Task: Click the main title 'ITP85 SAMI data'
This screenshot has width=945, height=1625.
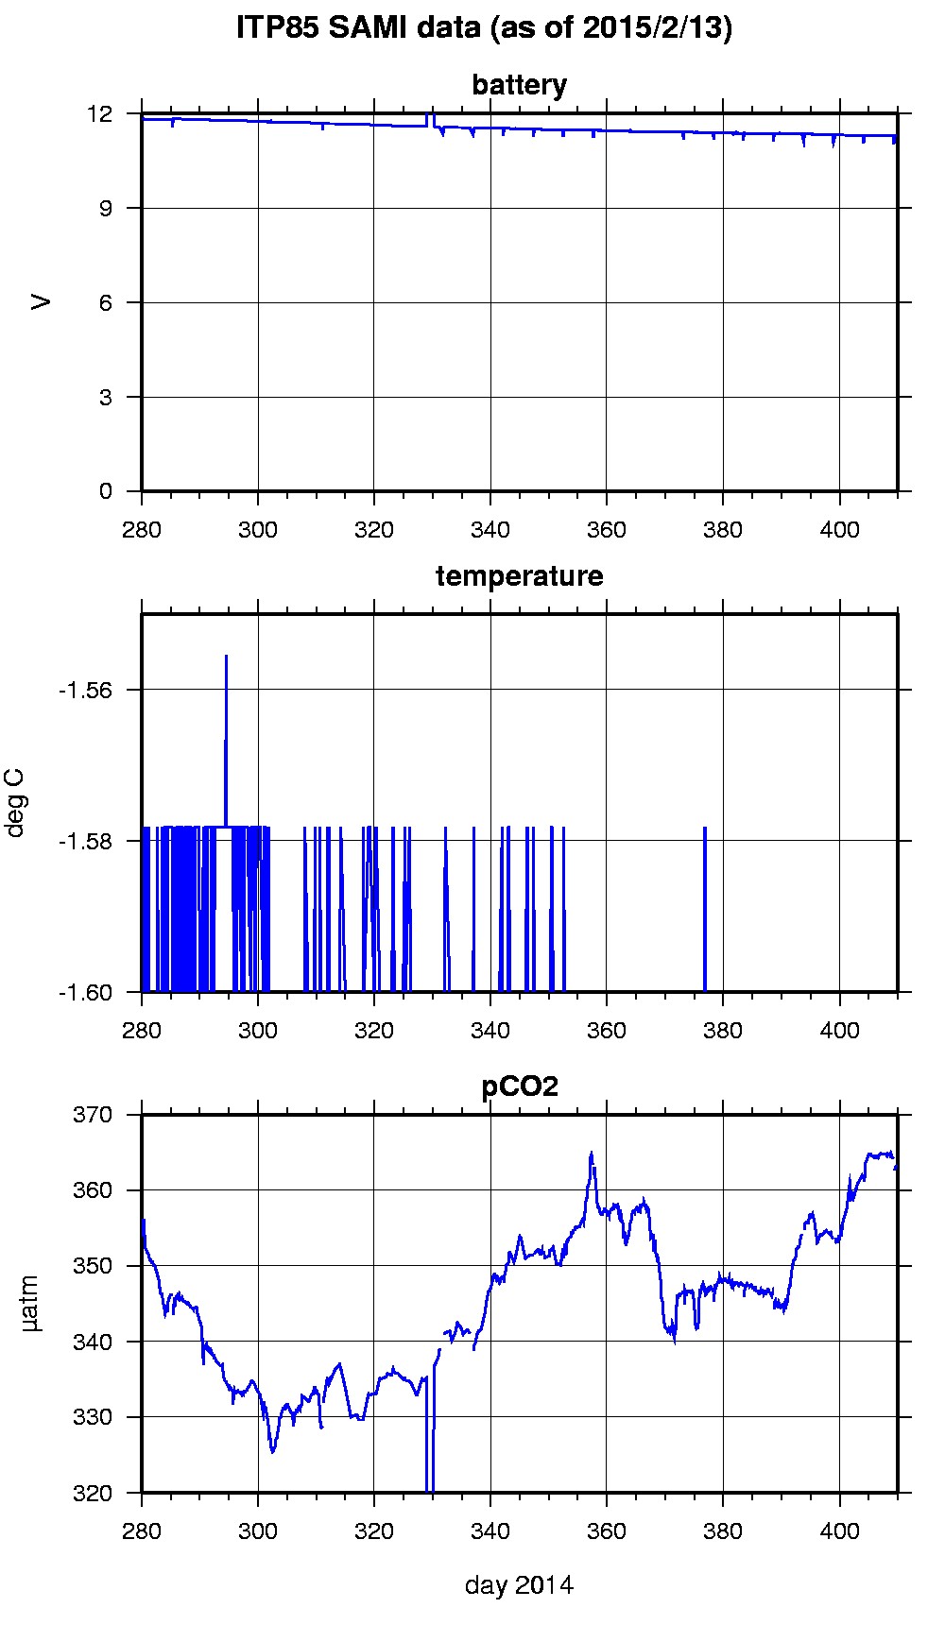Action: pos(484,29)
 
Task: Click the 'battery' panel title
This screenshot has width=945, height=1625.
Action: pos(519,85)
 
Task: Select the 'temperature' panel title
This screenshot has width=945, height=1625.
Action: pos(519,576)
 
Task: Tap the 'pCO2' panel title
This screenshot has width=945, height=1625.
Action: pos(519,1086)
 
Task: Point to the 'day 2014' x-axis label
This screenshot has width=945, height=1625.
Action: pos(519,1584)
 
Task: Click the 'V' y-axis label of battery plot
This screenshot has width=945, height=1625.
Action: pos(41,302)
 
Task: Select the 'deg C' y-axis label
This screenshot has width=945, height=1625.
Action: pos(16,803)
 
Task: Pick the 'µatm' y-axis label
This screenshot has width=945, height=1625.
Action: pos(31,1304)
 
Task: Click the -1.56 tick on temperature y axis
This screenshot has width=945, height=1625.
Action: pos(86,690)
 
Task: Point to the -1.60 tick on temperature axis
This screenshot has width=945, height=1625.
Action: pos(86,992)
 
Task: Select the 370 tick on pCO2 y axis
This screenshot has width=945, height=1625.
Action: pos(93,1115)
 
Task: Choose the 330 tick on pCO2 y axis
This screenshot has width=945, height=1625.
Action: pos(93,1417)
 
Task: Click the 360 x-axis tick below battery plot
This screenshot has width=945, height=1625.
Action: pos(606,529)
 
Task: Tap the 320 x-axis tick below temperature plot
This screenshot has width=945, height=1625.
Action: pos(374,1030)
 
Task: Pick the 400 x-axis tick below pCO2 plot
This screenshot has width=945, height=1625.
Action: pos(839,1531)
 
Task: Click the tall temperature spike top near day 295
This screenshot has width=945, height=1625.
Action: pos(226,656)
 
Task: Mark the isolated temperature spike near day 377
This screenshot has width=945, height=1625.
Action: pos(705,828)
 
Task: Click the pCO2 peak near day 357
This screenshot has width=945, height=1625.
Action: pos(592,1153)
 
